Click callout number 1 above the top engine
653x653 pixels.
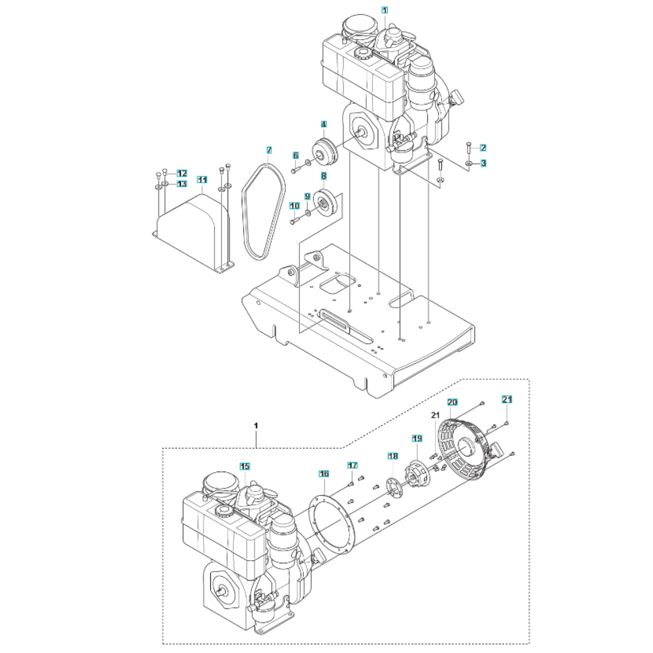tap(385, 10)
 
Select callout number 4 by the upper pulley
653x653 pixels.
tap(323, 124)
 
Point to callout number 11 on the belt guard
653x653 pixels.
tap(202, 179)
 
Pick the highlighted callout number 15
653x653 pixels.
tap(244, 466)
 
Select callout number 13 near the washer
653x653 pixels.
tap(182, 184)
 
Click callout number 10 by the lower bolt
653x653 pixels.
tap(294, 206)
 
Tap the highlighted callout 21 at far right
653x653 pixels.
tap(507, 399)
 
